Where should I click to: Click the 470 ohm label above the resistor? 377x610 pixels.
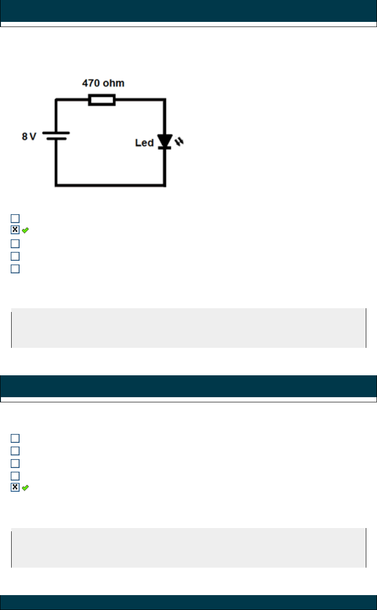[x=103, y=84]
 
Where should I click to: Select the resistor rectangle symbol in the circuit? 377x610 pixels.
[x=102, y=99]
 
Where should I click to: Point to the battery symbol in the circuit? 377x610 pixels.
[x=56, y=136]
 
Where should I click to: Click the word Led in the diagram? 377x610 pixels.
[x=144, y=143]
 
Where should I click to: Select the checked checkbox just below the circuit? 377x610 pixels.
[x=15, y=230]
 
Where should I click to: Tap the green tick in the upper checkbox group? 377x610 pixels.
[x=25, y=230]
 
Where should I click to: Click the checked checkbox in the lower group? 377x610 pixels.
[x=15, y=488]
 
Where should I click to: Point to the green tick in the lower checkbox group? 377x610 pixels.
[x=25, y=488]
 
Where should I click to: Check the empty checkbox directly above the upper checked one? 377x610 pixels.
[x=15, y=218]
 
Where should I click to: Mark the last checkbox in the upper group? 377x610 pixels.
[x=15, y=269]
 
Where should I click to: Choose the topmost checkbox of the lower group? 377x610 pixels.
[x=15, y=438]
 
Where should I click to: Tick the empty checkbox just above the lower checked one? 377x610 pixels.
[x=15, y=475]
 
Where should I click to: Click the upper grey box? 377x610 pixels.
[x=188, y=328]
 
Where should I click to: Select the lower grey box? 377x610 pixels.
[x=188, y=548]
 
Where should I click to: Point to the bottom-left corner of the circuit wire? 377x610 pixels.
[x=56, y=185]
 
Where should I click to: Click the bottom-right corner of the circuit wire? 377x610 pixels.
[x=165, y=185]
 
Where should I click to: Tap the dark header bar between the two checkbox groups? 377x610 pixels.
[x=188, y=386]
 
